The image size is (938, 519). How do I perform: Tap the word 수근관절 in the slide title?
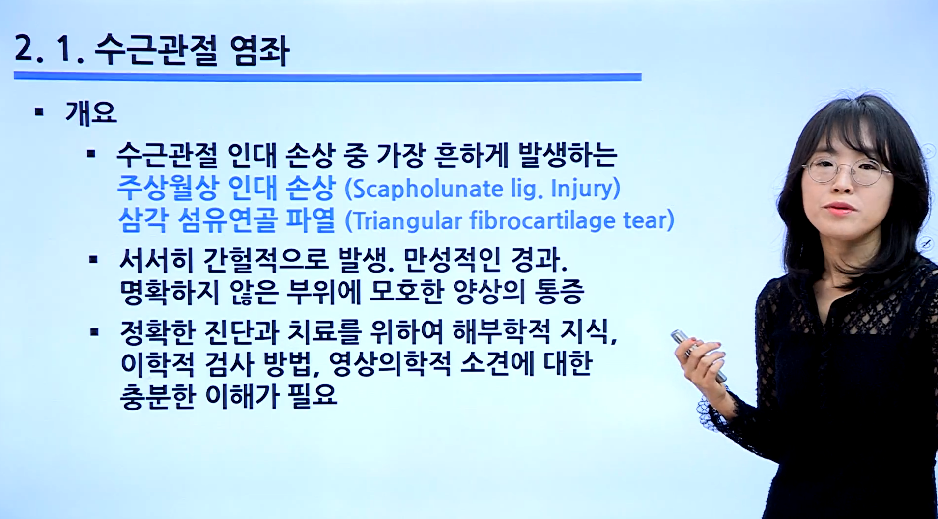(156, 51)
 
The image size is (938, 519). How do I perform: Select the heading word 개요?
(91, 113)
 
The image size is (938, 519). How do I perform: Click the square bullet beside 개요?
(40, 113)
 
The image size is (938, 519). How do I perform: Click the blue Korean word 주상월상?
(167, 188)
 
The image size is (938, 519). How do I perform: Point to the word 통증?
(560, 292)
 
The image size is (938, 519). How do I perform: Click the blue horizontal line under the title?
(327, 77)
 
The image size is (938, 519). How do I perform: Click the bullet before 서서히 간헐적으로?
(93, 260)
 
